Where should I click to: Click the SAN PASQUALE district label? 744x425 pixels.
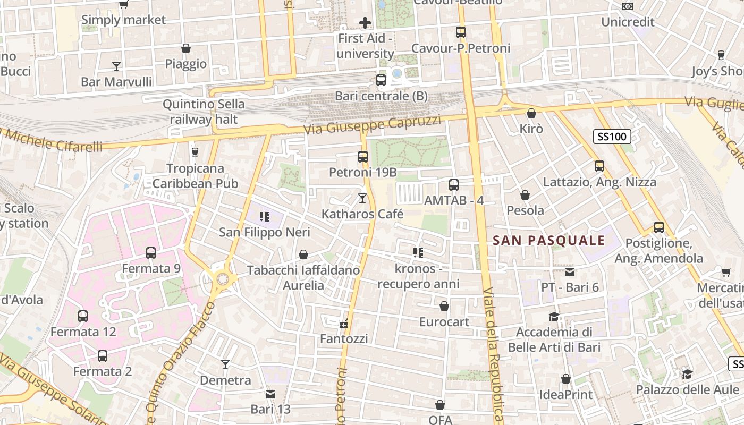pyautogui.click(x=549, y=241)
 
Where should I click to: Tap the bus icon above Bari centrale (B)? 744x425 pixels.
pyautogui.click(x=381, y=80)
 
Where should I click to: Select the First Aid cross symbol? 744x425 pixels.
pyautogui.click(x=365, y=22)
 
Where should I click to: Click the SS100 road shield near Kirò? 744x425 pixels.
pyautogui.click(x=612, y=137)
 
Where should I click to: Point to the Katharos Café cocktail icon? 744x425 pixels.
pyautogui.click(x=362, y=198)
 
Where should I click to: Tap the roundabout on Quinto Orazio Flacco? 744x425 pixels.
pyautogui.click(x=222, y=278)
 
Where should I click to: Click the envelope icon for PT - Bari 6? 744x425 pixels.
pyautogui.click(x=570, y=272)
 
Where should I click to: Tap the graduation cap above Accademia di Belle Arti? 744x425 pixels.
pyautogui.click(x=554, y=317)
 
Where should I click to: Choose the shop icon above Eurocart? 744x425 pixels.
pyautogui.click(x=444, y=306)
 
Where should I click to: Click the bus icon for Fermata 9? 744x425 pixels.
pyautogui.click(x=151, y=253)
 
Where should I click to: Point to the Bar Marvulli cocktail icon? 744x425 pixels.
pyautogui.click(x=116, y=66)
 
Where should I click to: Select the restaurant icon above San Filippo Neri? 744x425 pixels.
pyautogui.click(x=264, y=216)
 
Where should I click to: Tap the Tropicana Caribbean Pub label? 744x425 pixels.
pyautogui.click(x=195, y=176)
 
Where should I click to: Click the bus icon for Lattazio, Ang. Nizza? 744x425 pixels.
pyautogui.click(x=599, y=166)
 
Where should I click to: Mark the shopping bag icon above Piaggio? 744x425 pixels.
pyautogui.click(x=185, y=48)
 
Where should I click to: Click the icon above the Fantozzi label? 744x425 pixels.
pyautogui.click(x=344, y=322)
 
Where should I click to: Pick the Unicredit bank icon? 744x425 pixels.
pyautogui.click(x=627, y=6)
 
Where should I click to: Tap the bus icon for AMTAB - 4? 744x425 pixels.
pyautogui.click(x=453, y=185)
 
